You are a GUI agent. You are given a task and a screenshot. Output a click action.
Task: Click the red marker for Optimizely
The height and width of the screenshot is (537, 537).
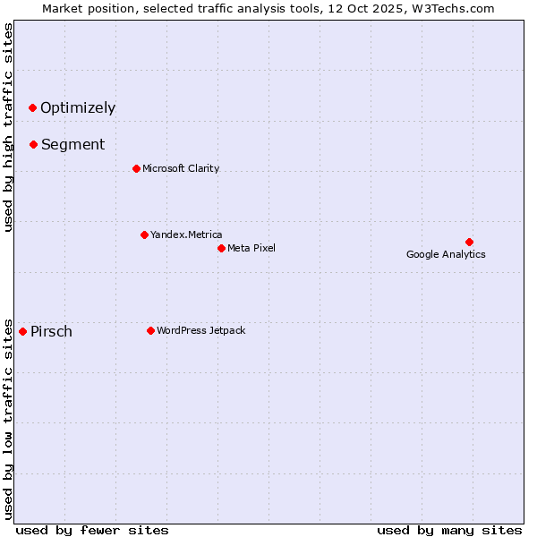click(32, 108)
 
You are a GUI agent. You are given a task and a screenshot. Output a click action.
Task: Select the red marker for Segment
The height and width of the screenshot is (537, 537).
click(33, 144)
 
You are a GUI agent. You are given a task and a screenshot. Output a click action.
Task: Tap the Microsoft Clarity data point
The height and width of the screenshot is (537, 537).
click(136, 168)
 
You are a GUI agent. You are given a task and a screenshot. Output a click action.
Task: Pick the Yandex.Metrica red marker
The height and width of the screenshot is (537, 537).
click(144, 234)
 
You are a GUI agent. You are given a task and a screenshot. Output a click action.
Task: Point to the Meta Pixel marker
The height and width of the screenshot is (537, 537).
click(221, 248)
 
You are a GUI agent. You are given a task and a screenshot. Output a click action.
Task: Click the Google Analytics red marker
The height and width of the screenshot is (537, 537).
click(469, 242)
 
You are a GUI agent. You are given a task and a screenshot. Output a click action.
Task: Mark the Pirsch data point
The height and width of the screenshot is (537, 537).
click(22, 331)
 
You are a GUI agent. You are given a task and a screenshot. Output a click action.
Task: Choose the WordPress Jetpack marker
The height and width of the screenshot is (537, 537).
click(150, 330)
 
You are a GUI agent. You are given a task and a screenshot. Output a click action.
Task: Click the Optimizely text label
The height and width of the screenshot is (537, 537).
click(78, 108)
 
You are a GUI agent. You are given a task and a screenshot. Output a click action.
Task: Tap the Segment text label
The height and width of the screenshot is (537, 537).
click(72, 144)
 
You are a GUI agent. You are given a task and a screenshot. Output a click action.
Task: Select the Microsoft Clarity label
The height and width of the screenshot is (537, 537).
click(181, 168)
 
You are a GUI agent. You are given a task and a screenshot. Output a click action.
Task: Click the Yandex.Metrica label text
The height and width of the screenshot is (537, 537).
click(186, 234)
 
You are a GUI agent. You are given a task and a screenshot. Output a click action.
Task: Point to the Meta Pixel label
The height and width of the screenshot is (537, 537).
click(251, 248)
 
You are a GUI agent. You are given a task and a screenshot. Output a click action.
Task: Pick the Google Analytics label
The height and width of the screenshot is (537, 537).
click(446, 254)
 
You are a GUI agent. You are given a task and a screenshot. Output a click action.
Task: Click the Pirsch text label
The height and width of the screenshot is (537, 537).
click(51, 332)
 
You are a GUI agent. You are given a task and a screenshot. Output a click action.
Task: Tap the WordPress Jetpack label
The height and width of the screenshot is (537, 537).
click(200, 330)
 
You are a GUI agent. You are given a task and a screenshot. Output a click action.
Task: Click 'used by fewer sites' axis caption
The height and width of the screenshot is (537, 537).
click(92, 530)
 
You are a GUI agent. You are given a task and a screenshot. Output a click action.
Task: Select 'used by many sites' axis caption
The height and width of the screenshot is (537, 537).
click(449, 530)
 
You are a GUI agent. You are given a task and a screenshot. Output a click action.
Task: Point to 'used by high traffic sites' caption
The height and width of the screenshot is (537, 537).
click(8, 127)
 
